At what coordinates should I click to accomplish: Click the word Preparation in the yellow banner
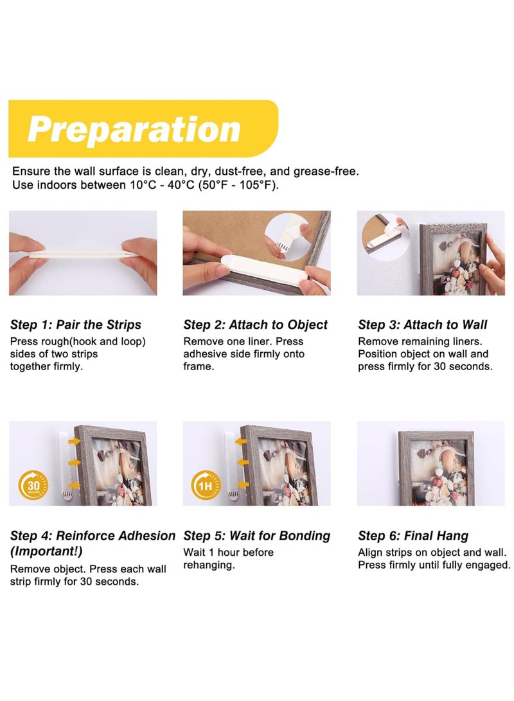tap(134, 129)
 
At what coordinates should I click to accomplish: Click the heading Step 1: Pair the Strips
tap(76, 324)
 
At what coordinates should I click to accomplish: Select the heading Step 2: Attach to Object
tap(255, 324)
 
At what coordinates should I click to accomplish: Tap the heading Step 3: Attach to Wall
tap(422, 324)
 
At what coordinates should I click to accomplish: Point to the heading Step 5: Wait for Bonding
tap(256, 536)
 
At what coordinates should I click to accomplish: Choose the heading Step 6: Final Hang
tap(413, 536)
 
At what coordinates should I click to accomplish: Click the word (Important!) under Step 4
tap(46, 551)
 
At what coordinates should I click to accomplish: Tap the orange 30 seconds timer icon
tap(33, 486)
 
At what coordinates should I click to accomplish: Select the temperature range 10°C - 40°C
tap(163, 185)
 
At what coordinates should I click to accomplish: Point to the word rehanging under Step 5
tap(209, 565)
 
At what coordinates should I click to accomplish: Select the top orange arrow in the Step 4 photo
tap(74, 441)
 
